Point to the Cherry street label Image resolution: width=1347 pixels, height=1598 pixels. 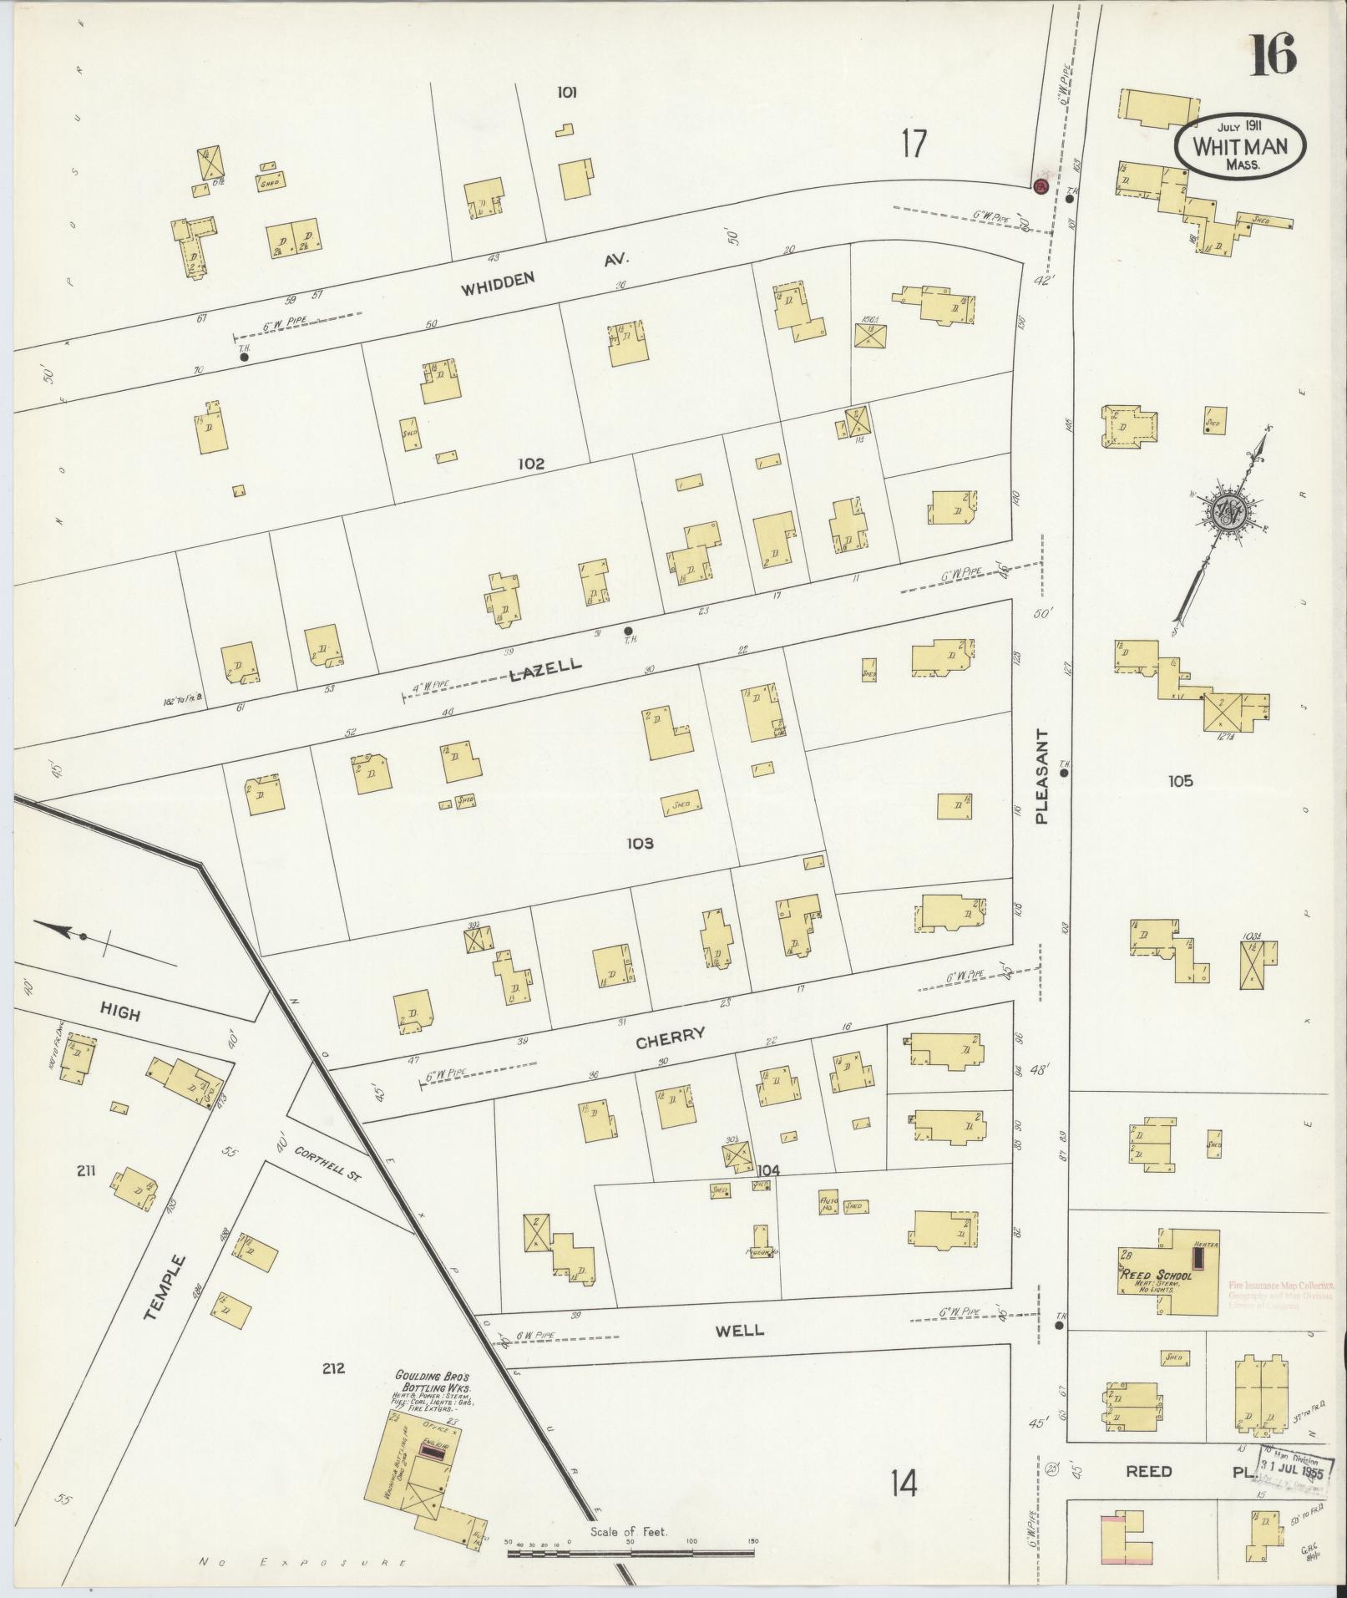(671, 1037)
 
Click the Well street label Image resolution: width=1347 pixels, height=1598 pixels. (740, 1330)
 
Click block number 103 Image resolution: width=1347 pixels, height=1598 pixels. (640, 844)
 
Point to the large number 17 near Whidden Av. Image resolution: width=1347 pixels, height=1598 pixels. (914, 144)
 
